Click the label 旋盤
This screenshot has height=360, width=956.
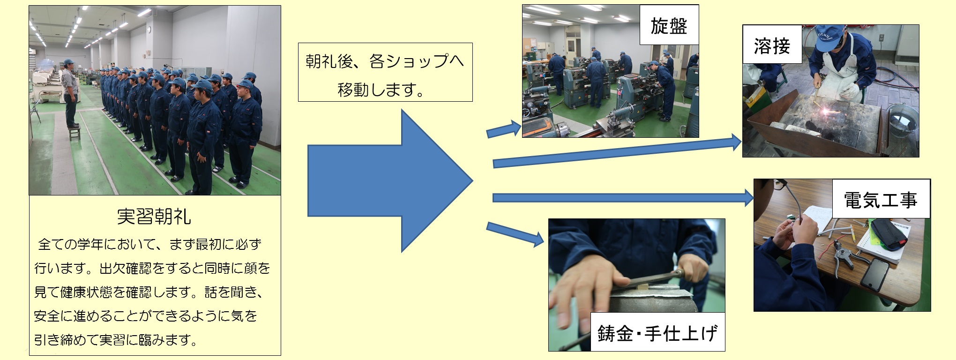669,25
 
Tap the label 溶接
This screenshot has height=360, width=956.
772,45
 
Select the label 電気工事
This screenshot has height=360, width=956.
881,199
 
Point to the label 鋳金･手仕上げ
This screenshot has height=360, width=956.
657,332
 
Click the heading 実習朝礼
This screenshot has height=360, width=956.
154,216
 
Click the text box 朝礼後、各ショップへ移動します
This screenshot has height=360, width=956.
385,72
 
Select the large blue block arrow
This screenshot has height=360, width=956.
390,181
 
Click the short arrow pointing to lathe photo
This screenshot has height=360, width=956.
504,130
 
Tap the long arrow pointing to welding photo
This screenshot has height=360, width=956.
617,151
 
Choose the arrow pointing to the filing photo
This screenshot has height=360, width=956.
515,234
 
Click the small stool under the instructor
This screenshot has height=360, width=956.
74,133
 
